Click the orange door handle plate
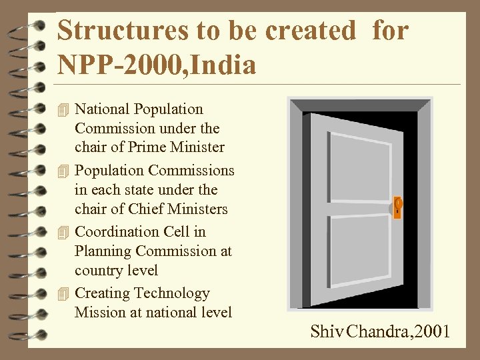tap(397, 207)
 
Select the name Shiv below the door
tap(325, 331)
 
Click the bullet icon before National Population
tap(63, 109)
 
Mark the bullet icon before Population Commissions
tap(63, 171)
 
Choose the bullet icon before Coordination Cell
tap(63, 232)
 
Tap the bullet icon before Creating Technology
tap(63, 293)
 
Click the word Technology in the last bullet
tap(172, 293)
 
